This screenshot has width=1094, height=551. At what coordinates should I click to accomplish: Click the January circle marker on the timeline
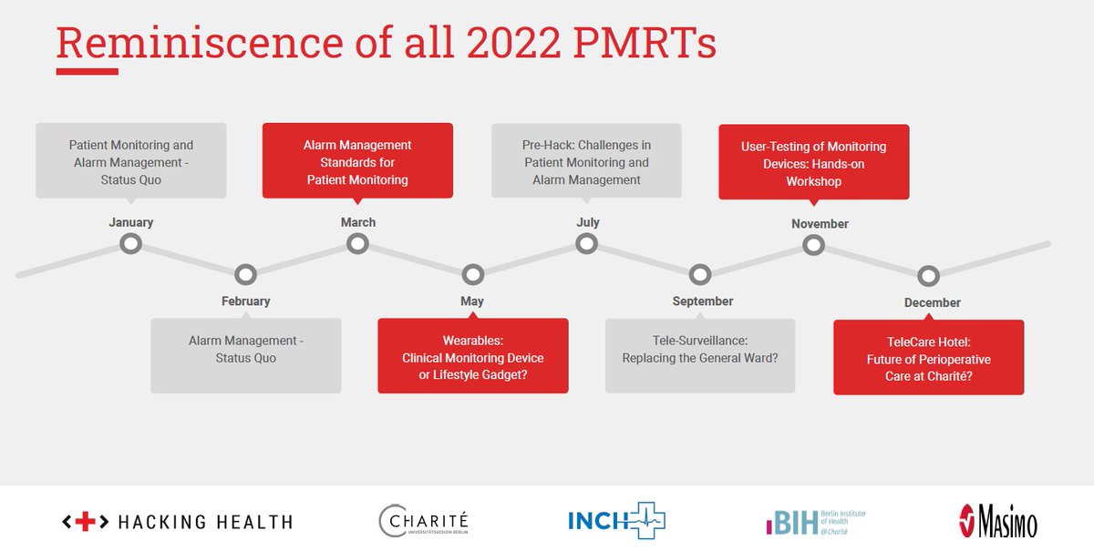[x=131, y=244]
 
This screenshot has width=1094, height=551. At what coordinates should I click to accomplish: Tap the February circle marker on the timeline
[x=245, y=274]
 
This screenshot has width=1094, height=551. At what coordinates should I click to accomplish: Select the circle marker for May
[x=472, y=274]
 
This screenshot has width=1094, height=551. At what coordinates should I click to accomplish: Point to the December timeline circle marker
[x=928, y=275]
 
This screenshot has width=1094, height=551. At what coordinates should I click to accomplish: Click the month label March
[x=357, y=222]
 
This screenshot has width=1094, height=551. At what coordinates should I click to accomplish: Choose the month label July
[x=588, y=222]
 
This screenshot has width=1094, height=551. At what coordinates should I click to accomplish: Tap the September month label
[x=702, y=301]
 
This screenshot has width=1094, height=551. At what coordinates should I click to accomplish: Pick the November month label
[x=820, y=224]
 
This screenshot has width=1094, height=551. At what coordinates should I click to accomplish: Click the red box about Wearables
[x=472, y=356]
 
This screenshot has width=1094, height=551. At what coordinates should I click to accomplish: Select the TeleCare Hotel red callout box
[x=928, y=358]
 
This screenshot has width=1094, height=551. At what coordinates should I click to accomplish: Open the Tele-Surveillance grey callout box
[x=699, y=356]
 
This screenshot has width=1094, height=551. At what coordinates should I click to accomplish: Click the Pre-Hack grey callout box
[x=586, y=162]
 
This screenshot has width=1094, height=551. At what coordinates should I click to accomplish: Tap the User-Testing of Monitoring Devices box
[x=813, y=163]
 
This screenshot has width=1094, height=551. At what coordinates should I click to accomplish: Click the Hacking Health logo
[x=177, y=522]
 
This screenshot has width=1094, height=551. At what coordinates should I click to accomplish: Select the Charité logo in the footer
[x=425, y=521]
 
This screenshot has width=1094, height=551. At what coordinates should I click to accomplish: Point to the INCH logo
[x=616, y=521]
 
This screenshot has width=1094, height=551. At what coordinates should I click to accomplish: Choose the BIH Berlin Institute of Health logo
[x=815, y=521]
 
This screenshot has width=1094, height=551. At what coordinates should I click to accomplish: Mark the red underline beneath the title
[x=87, y=71]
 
